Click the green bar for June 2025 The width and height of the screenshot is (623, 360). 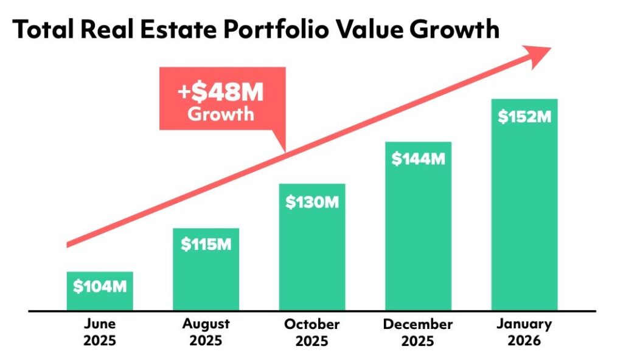pos(99,298)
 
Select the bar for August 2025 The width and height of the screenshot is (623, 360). pos(206,280)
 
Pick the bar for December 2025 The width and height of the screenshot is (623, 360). pos(418,237)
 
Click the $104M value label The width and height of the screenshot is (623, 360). pos(99,286)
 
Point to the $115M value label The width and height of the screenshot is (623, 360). pos(206,244)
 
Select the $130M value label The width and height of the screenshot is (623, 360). pos(311,201)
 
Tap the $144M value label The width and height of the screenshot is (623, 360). pos(418,159)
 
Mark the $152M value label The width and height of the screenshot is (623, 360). pos(524,117)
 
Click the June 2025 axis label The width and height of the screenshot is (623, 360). pos(99,332)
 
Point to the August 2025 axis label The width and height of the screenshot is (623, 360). pos(206,332)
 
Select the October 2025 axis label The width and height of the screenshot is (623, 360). pos(311,332)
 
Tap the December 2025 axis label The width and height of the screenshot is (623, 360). pos(418,332)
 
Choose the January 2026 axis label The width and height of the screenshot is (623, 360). pos(524,332)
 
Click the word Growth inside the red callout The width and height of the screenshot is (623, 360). pos(221,114)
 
